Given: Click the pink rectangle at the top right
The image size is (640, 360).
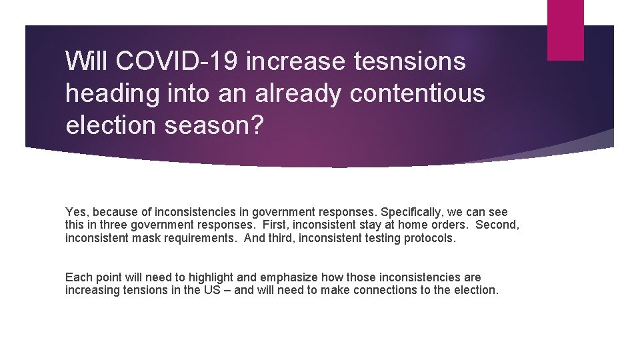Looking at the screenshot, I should pyautogui.click(x=565, y=30).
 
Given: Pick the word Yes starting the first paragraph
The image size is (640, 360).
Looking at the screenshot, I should pyautogui.click(x=75, y=212).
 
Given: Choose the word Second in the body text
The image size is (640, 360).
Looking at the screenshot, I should pyautogui.click(x=497, y=225).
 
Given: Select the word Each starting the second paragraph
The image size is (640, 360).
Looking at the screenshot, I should pyautogui.click(x=77, y=277).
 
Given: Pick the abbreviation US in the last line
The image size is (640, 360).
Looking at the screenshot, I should pyautogui.click(x=212, y=290).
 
